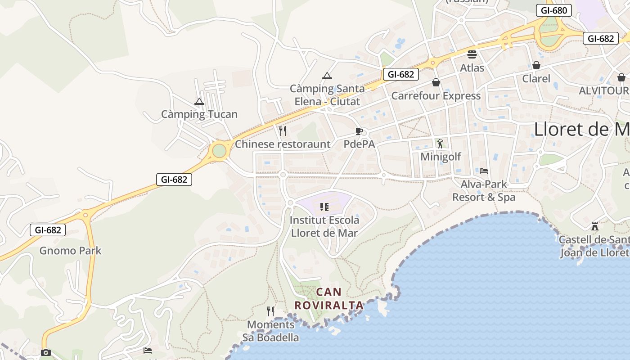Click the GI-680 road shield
point(554,10)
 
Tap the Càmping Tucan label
point(199,114)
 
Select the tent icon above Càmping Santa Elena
point(327,76)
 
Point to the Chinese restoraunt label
point(283,144)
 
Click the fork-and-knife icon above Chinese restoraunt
point(283,131)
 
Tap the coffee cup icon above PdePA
point(359,131)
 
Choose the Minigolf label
point(441,157)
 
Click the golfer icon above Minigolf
point(440,144)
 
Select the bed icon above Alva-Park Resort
point(484,171)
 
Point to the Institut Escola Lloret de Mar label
point(324,226)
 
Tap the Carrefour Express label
point(436,96)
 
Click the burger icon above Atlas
point(472,54)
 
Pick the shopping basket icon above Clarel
point(536,65)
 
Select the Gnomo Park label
point(71,251)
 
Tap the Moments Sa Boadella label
point(271,331)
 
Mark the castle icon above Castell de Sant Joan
point(595,226)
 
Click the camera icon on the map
point(45,352)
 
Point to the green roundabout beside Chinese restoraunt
point(219,151)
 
